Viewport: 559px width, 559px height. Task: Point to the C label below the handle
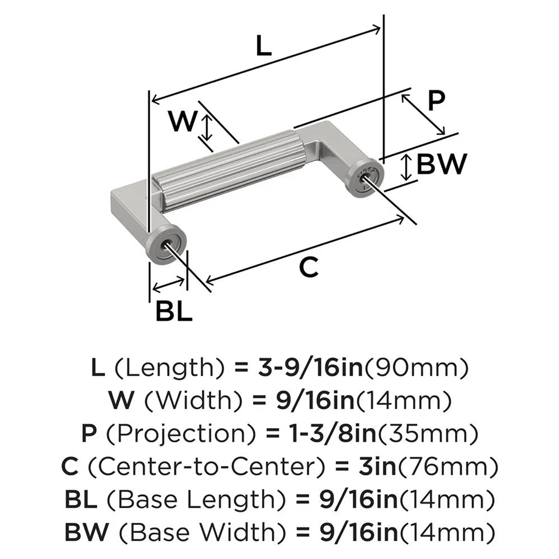tap(308, 268)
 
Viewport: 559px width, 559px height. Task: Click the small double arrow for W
tap(207, 127)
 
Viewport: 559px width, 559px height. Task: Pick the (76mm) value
tap(442, 465)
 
